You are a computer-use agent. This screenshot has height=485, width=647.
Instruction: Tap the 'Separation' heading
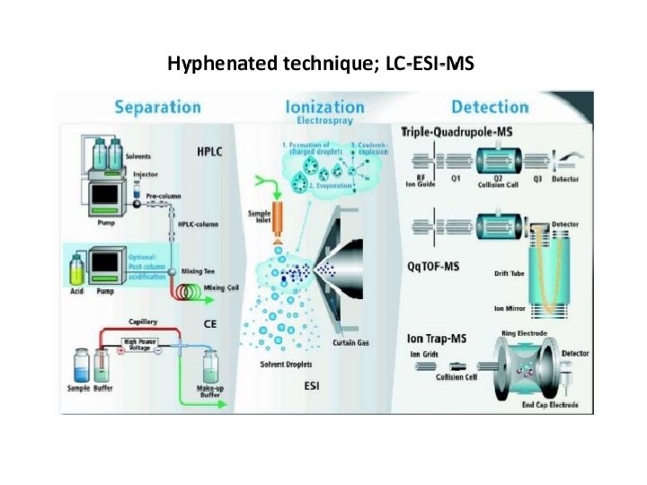(157, 107)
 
